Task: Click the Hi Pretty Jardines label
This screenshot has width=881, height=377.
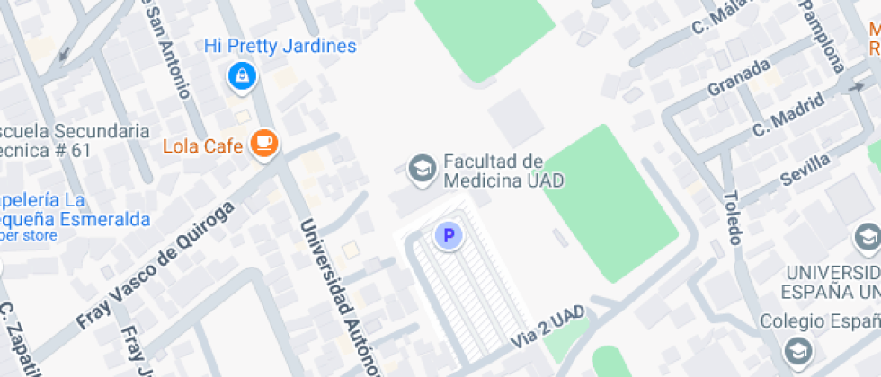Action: coord(280,46)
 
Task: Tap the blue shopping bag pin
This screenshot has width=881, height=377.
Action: coord(241,76)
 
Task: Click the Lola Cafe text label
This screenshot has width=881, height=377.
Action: coord(203,145)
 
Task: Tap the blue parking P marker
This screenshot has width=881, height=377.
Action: coord(448,236)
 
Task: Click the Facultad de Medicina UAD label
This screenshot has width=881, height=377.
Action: coord(503,171)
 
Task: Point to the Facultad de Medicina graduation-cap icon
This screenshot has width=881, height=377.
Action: coord(420,168)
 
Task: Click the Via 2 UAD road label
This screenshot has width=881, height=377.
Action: coord(547,328)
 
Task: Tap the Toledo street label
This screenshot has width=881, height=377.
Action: coord(732,217)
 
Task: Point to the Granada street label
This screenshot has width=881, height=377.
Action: coord(739,77)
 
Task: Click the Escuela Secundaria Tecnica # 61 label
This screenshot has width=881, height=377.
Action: coord(72,141)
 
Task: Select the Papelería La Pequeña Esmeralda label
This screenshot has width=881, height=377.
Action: coord(72,209)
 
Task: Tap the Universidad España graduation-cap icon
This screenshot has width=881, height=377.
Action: coord(868,237)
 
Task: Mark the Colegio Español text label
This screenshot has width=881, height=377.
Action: coord(818,321)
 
